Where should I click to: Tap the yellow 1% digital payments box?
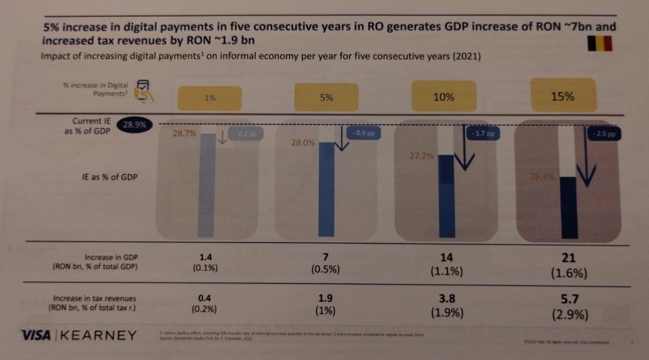[209, 98]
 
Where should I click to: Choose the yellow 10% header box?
[443, 97]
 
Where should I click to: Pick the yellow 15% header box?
[563, 96]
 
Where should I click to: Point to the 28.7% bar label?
[184, 133]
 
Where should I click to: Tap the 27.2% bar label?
[422, 156]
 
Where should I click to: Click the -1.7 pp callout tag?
[481, 134]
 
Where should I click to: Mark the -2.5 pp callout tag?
[603, 134]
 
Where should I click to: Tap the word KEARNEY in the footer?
[99, 335]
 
